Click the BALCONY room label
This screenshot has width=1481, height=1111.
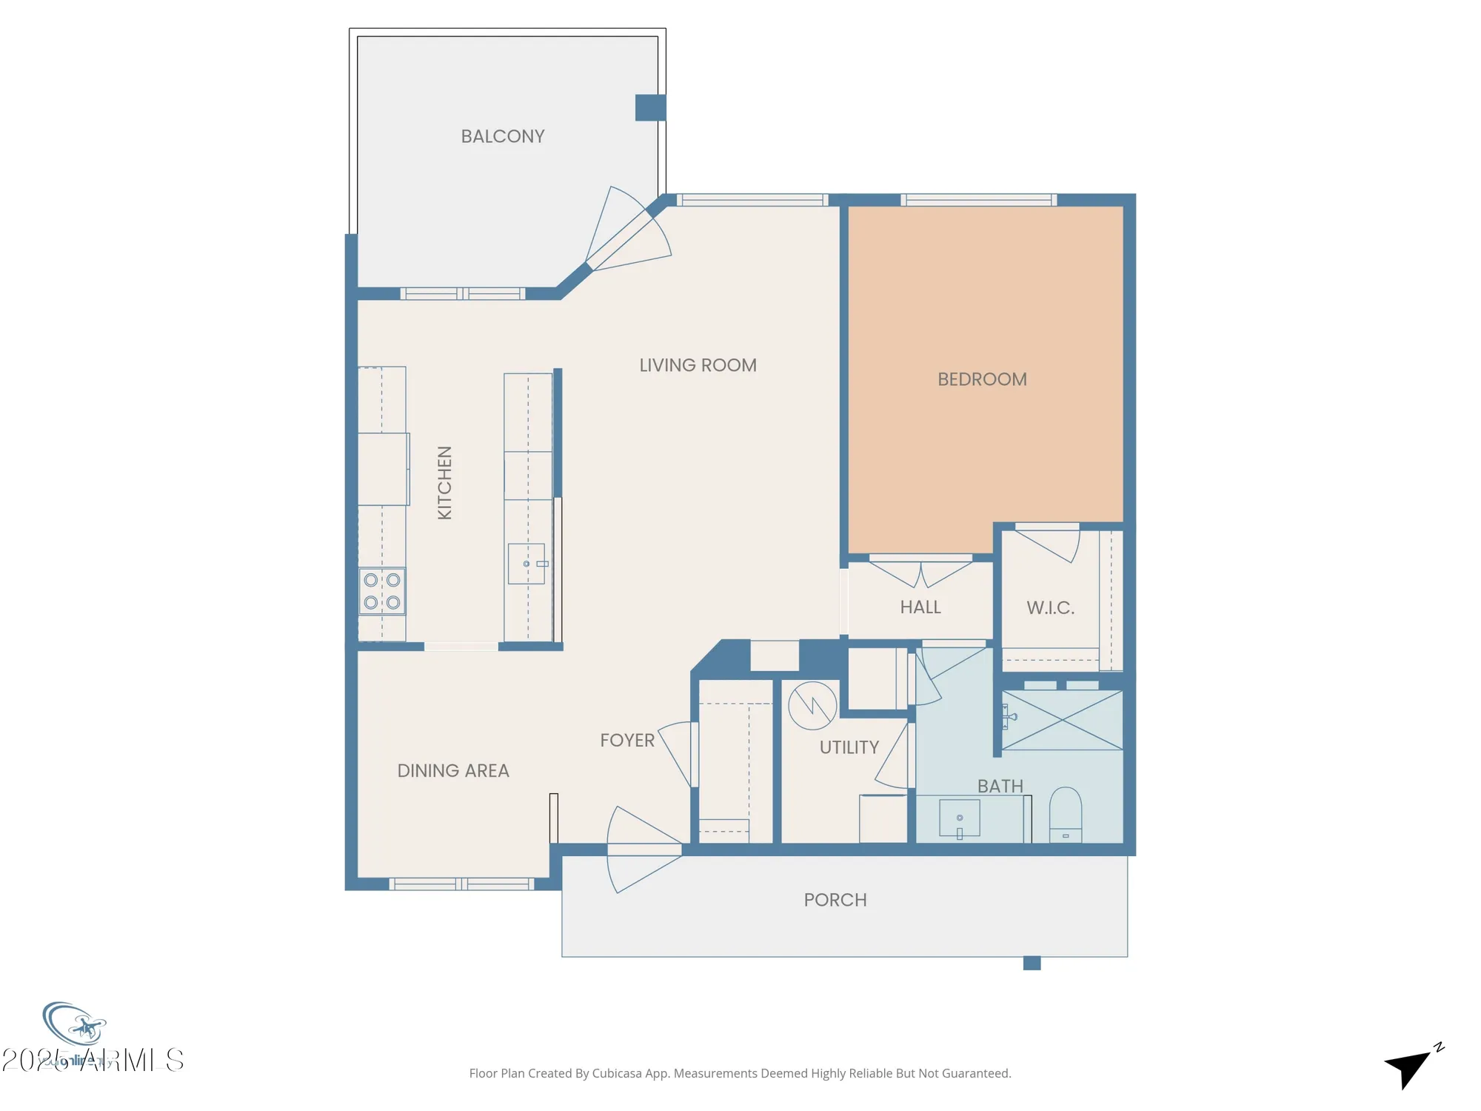coord(503,136)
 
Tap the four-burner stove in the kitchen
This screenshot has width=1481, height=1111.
coord(382,591)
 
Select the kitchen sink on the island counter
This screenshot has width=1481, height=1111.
coord(526,564)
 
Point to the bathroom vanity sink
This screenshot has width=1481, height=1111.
coord(960,818)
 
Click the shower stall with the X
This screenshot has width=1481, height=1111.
coord(1063,720)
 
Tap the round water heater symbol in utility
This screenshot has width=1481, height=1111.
coord(812,706)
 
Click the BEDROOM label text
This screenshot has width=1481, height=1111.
coord(982,379)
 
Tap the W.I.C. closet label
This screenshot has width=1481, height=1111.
coord(1050,608)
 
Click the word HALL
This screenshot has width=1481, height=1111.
coord(920,607)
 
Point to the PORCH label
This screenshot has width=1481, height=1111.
coord(835,900)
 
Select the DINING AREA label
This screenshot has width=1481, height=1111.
coord(453,771)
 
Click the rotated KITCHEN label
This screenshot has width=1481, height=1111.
coord(444,483)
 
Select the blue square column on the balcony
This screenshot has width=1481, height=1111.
coord(650,107)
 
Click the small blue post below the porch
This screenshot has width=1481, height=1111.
coord(1032,963)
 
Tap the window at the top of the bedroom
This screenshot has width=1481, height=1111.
coord(978,200)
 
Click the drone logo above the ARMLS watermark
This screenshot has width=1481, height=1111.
coord(76,1026)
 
